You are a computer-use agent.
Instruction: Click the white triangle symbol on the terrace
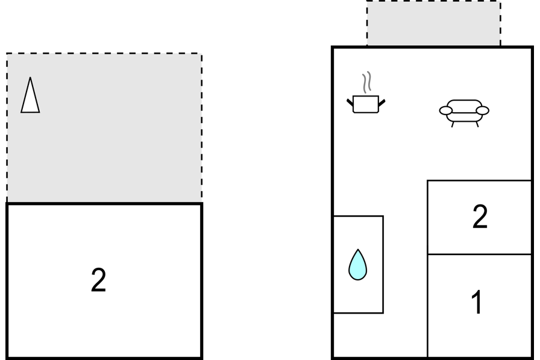coord(30,95)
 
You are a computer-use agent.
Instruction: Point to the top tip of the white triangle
coord(30,77)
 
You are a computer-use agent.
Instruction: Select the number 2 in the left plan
coord(98,280)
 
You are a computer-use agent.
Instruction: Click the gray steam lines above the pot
coord(367,83)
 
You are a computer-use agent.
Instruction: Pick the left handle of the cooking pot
coord(350,103)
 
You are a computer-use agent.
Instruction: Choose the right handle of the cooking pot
coord(382,103)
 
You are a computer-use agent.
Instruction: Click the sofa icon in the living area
coord(464,113)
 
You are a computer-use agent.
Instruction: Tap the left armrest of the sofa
coord(445,110)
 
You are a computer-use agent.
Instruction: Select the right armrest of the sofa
coord(483,110)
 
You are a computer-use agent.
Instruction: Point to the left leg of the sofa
coord(453,124)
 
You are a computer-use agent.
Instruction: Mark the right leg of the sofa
coord(477,124)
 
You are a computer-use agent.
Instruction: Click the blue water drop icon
coord(358,265)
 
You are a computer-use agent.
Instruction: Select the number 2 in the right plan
coord(480,216)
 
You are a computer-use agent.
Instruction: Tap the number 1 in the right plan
coord(477,302)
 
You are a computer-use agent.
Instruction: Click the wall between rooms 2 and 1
coord(479,254)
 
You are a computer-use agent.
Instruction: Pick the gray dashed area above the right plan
coord(433,23)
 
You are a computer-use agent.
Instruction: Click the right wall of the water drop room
coord(383,265)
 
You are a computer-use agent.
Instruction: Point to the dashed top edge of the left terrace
coord(104,54)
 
